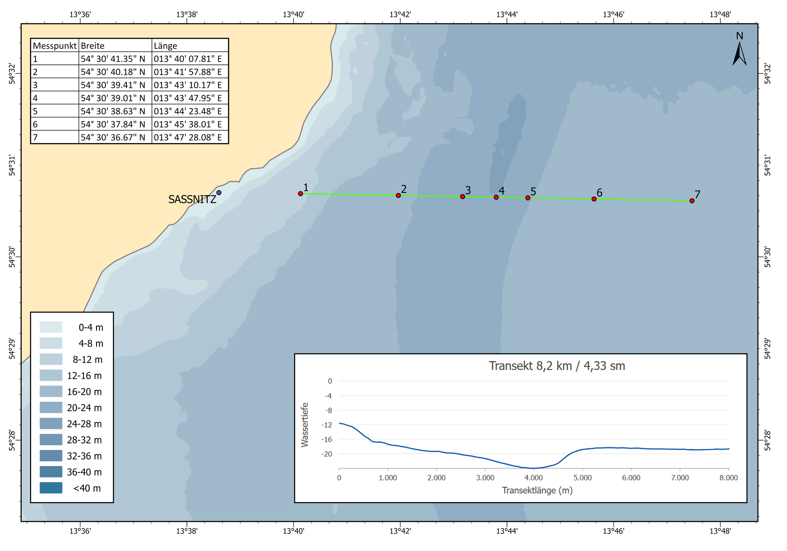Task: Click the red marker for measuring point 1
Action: pyautogui.click(x=301, y=194)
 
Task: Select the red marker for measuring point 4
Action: pyautogui.click(x=496, y=197)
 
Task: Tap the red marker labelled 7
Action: pyautogui.click(x=692, y=201)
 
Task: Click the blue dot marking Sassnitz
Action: pyautogui.click(x=219, y=193)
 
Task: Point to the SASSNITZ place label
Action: pyautogui.click(x=192, y=199)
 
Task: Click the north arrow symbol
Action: pyautogui.click(x=739, y=53)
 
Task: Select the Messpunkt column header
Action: pyautogui.click(x=54, y=46)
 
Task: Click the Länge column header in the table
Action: pyautogui.click(x=165, y=46)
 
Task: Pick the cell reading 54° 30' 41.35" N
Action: pyautogui.click(x=113, y=59)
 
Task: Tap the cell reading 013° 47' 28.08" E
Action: pyautogui.click(x=188, y=137)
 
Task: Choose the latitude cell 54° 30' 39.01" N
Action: pyautogui.click(x=113, y=98)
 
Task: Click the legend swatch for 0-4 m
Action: pyautogui.click(x=51, y=327)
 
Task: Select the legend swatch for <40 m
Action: pyautogui.click(x=51, y=488)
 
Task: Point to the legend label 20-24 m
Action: pyautogui.click(x=84, y=408)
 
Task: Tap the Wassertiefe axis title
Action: pyautogui.click(x=305, y=425)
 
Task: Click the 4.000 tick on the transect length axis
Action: pyautogui.click(x=534, y=478)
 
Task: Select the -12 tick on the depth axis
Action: pyautogui.click(x=326, y=425)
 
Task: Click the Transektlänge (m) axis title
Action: pyautogui.click(x=537, y=491)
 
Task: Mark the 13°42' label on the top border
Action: pyautogui.click(x=400, y=15)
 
